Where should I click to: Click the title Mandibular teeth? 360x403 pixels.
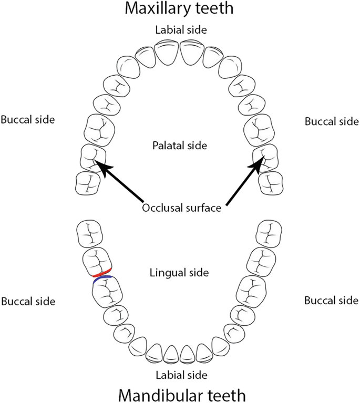(x=180, y=394)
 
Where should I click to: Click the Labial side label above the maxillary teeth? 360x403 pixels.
(x=180, y=29)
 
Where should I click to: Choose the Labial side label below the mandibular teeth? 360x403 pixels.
(x=180, y=375)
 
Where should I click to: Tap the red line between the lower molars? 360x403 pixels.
(x=100, y=274)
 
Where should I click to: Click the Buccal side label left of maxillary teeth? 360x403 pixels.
(x=27, y=119)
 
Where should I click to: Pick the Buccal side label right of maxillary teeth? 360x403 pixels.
(x=332, y=121)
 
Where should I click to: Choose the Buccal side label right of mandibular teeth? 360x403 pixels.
(x=332, y=300)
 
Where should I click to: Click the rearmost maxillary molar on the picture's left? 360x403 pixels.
(x=87, y=183)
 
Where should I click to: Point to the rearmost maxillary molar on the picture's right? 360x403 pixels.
(x=272, y=183)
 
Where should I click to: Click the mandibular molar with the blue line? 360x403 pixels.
(x=107, y=293)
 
